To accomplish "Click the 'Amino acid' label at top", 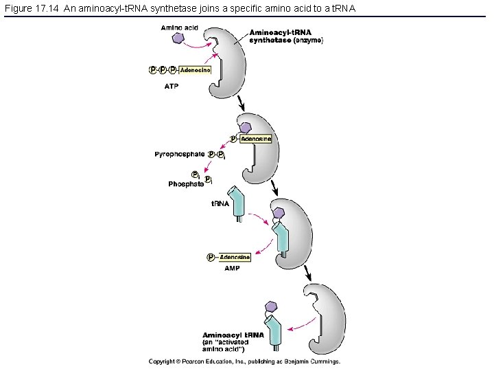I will click(x=179, y=27).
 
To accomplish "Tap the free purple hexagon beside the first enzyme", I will click(x=179, y=39).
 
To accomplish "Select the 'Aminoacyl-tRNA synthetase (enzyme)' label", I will click(x=286, y=36).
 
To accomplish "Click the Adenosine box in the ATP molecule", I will click(x=195, y=69).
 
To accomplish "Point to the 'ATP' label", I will click(x=172, y=87).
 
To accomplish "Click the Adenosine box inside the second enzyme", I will click(x=255, y=139).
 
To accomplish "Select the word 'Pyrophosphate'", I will click(x=179, y=155).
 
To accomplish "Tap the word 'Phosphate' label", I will click(x=186, y=183).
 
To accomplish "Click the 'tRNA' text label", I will click(x=220, y=203).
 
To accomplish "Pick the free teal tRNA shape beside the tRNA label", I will click(x=239, y=203).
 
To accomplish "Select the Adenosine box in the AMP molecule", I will click(x=235, y=257).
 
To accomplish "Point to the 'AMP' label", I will click(x=232, y=269).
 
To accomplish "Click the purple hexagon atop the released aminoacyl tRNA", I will click(x=272, y=306).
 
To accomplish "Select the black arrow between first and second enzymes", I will click(x=242, y=104).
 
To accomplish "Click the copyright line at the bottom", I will click(x=245, y=361).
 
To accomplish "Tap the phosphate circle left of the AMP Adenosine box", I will click(x=211, y=257).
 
